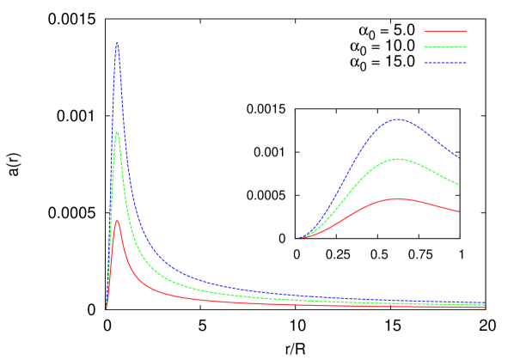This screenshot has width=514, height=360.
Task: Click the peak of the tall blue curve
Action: click(117, 43)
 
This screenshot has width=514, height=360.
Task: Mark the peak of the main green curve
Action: click(117, 131)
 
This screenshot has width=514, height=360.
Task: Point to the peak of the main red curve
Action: click(117, 221)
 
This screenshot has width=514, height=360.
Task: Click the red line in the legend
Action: click(445, 31)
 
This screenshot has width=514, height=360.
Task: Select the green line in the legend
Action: click(445, 47)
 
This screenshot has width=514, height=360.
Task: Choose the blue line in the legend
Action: click(445, 64)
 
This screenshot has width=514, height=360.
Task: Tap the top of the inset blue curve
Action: click(397, 119)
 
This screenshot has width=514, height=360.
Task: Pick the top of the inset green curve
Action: click(397, 159)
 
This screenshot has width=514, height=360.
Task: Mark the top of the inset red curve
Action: click(397, 198)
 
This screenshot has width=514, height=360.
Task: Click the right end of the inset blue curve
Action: click(458, 157)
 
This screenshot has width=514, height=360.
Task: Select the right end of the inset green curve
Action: click(458, 184)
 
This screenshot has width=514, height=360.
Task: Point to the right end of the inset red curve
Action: click(458, 211)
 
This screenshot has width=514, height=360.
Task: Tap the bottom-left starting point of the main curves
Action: click(107, 307)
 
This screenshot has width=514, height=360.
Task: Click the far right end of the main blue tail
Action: click(484, 302)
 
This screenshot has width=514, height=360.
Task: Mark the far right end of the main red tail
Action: click(484, 307)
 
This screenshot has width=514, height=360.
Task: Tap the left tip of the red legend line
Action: click(425, 31)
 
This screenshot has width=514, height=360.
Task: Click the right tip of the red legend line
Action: click(466, 31)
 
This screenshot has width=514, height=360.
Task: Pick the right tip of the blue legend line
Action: click(466, 64)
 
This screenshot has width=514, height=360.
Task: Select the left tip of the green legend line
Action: click(425, 47)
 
